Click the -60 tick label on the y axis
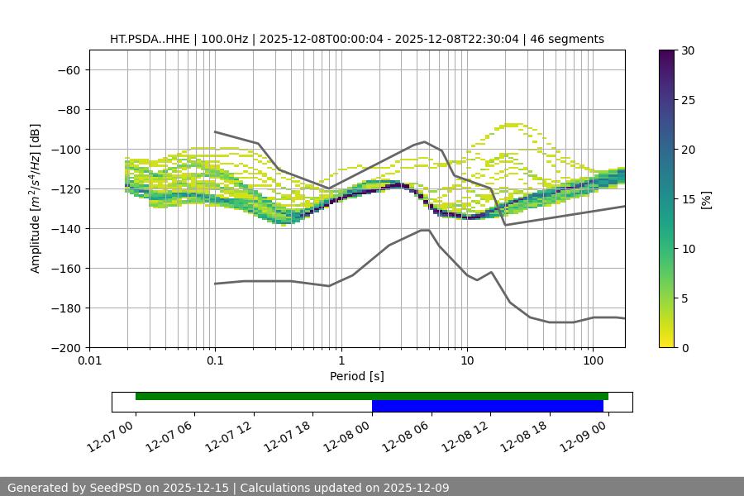pos(68,70)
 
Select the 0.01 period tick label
pos(89,361)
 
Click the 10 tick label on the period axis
pos(467,361)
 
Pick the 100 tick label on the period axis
pos(593,361)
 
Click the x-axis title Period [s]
pos(356,376)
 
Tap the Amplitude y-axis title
pos(36,198)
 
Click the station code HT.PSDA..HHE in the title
pos(150,39)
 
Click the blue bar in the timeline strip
pos(487,406)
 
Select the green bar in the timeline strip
pos(371,396)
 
